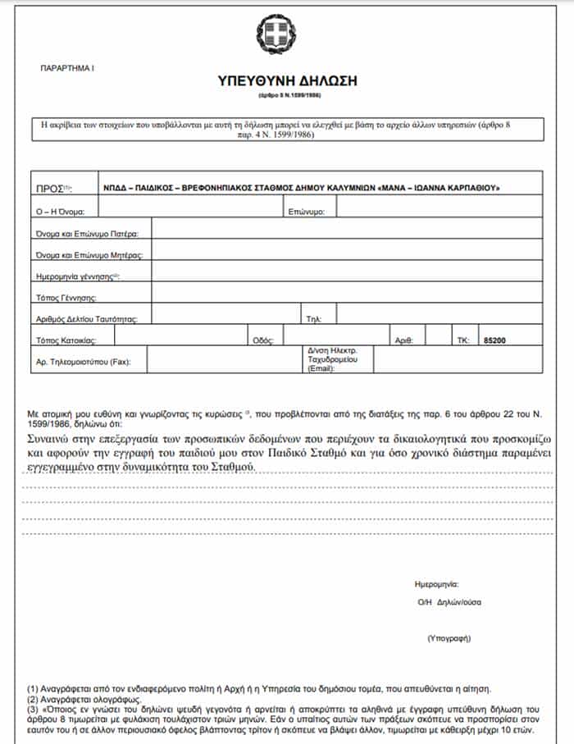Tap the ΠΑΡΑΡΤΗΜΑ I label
[x=67, y=67]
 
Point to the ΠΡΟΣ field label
[x=53, y=189]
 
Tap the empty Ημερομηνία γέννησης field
[x=336, y=274]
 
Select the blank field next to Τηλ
[x=439, y=317]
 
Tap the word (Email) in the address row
[x=321, y=369]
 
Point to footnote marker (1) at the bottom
[x=33, y=687]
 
